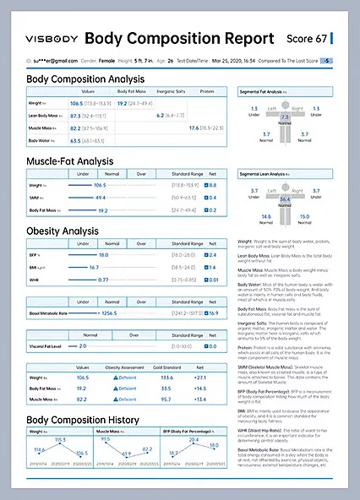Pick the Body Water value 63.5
pyautogui.click(x=75, y=140)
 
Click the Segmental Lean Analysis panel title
pyautogui.click(x=275, y=174)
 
